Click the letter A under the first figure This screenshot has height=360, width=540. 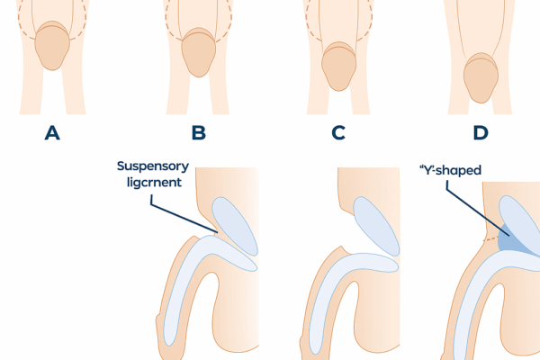[52, 134]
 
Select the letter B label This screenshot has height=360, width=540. [199, 134]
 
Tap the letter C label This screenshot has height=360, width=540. [338, 134]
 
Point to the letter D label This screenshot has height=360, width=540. [481, 134]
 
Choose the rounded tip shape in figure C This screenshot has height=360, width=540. [337, 67]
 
